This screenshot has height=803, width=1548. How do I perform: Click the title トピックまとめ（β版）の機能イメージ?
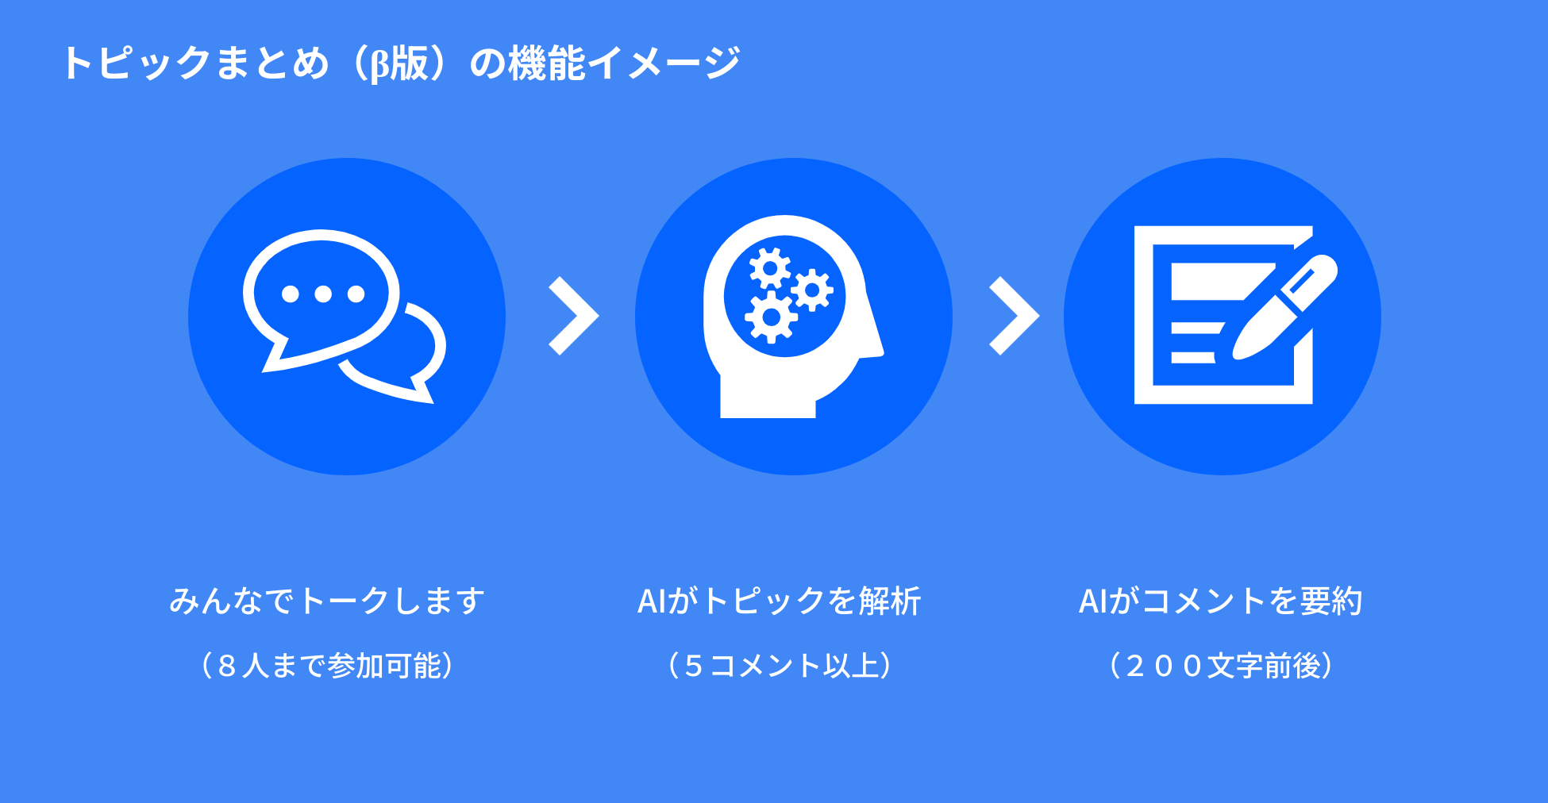[x=401, y=63]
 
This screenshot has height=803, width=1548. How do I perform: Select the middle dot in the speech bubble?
[x=323, y=294]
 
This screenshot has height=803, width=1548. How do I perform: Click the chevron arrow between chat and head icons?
[x=573, y=316]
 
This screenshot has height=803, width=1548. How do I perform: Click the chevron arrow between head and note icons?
[x=1014, y=316]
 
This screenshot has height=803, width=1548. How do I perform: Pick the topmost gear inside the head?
[x=769, y=268]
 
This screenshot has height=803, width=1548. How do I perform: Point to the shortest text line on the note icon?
[x=1192, y=358]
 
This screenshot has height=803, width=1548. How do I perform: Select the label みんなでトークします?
[x=327, y=601]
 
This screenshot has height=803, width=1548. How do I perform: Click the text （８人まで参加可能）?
[x=327, y=665]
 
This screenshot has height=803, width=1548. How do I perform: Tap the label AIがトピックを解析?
[x=779, y=601]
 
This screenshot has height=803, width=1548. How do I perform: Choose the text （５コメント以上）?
[x=779, y=665]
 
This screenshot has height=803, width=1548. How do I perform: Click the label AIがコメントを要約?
[x=1220, y=601]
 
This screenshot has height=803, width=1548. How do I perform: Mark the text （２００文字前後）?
[x=1220, y=665]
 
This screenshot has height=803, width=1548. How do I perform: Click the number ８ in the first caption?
[x=227, y=666]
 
